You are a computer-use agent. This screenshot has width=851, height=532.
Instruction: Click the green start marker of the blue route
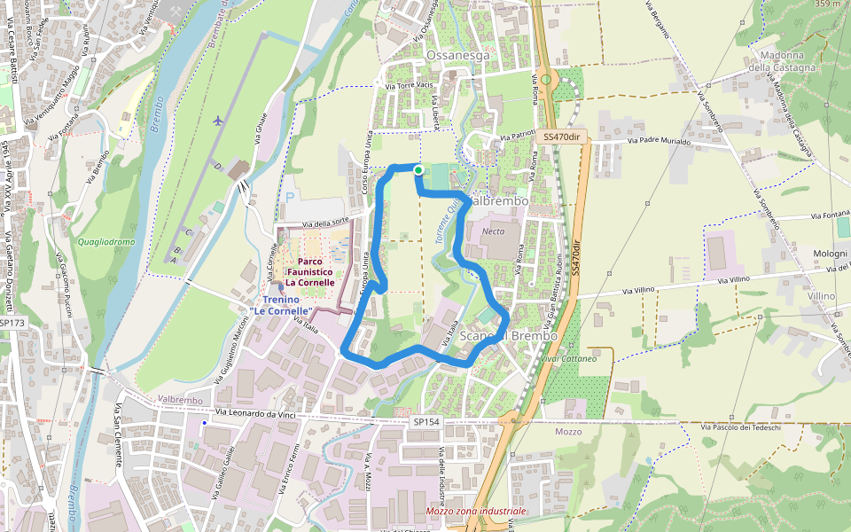coord(418,169)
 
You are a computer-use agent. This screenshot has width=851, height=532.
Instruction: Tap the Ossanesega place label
coord(457,55)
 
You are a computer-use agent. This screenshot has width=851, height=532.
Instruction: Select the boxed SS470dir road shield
coord(562,137)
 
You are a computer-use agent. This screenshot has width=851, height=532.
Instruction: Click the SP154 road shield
coord(426,423)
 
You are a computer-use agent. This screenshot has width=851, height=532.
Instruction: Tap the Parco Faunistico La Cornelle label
coord(303,271)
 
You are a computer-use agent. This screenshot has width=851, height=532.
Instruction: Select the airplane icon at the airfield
coord(218,120)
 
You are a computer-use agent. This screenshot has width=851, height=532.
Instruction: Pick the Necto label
coord(493,231)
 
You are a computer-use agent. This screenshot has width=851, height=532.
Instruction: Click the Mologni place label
coord(831,254)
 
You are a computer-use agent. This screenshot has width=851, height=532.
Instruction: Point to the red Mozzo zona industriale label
coord(476,512)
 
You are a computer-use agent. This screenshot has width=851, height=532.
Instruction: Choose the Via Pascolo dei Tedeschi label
coord(740,428)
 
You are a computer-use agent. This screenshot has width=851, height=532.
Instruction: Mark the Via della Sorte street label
coord(328,223)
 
